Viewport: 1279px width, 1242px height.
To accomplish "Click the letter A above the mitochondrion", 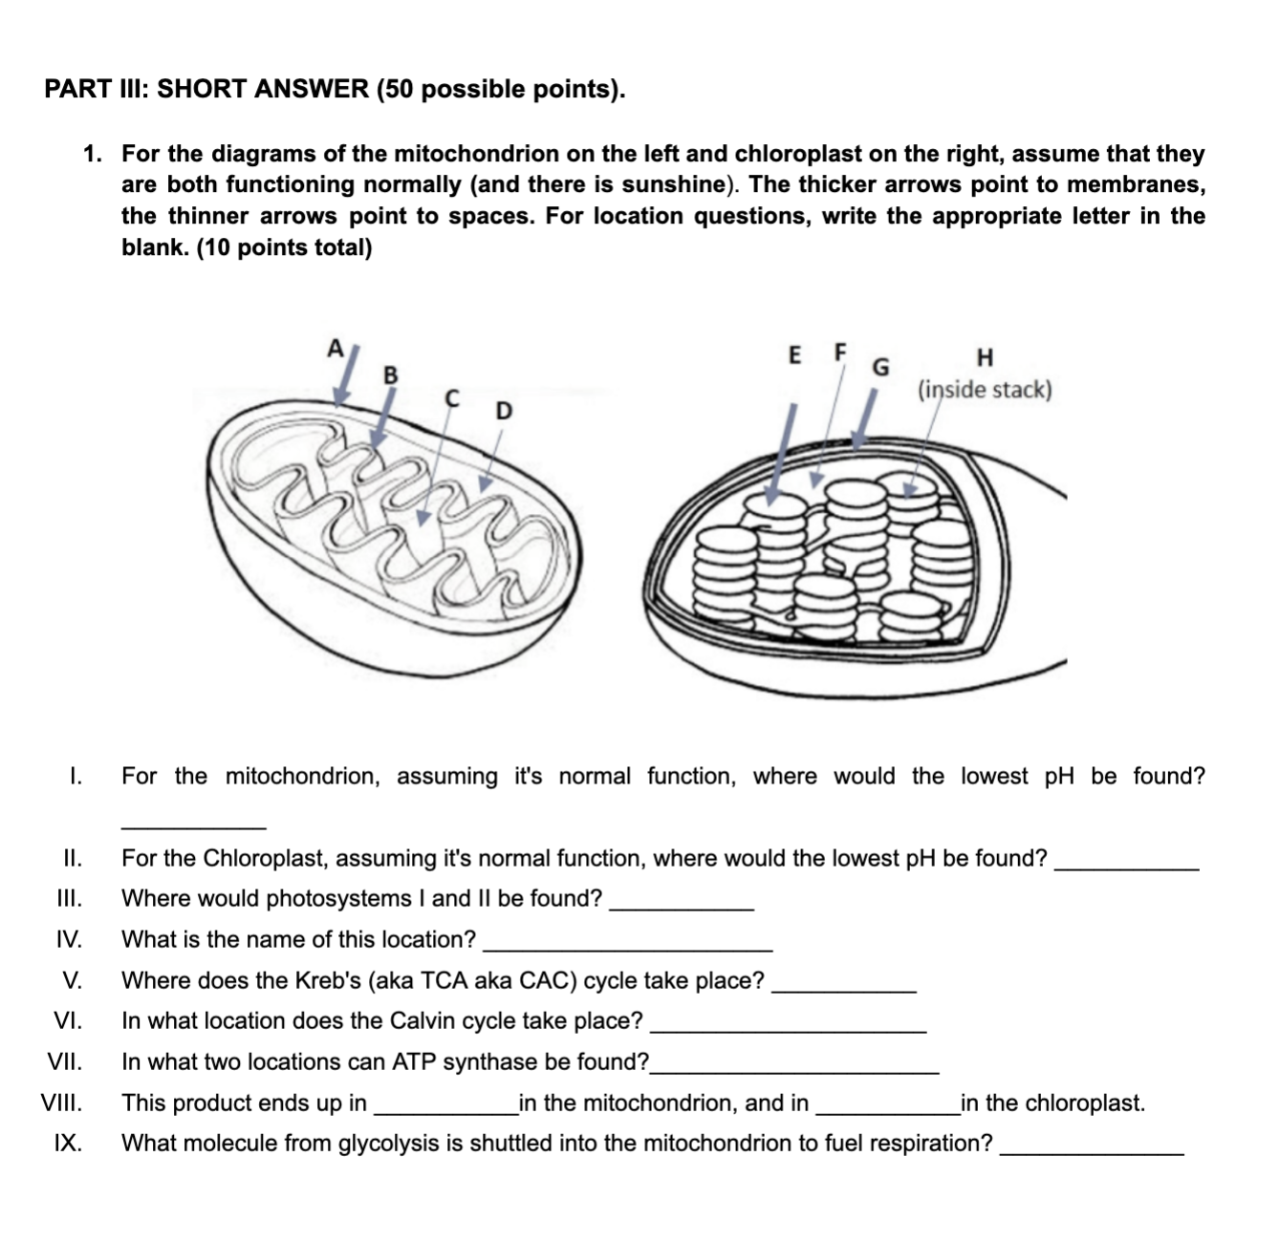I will [x=335, y=347].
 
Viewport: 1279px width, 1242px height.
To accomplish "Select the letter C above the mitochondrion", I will [x=452, y=396].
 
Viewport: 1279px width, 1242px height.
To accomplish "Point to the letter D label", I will [x=503, y=412].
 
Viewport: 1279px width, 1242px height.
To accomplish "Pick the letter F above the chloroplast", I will [x=840, y=351].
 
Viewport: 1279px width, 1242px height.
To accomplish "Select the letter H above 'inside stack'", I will [x=986, y=358].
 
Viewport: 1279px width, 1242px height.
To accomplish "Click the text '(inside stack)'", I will [x=985, y=390].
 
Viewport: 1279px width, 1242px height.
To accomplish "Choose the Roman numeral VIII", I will [x=61, y=1103].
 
